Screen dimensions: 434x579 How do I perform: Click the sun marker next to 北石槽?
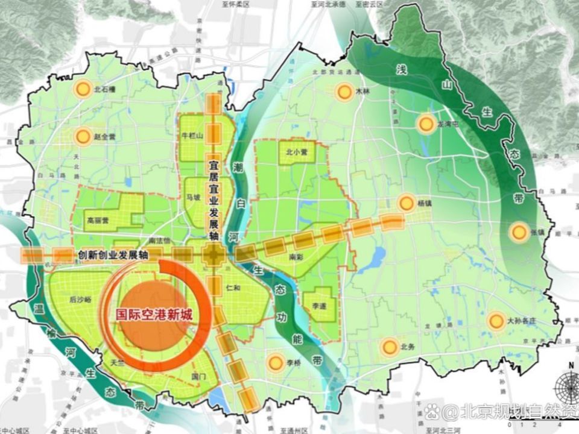point(83,89)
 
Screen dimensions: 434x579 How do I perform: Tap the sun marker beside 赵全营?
point(83,137)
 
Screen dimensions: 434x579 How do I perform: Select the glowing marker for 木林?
point(344,92)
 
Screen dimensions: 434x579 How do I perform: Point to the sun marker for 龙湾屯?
point(426,124)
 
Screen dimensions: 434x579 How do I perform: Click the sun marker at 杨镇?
point(407,203)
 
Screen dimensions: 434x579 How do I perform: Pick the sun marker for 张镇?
point(518,232)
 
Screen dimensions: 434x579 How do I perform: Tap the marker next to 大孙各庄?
point(496,321)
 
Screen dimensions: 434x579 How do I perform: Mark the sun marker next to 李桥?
point(276,362)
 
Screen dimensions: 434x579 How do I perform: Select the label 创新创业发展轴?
point(113,255)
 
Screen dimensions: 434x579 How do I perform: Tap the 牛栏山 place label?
point(194,136)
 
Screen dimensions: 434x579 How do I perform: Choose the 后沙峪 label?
point(80,299)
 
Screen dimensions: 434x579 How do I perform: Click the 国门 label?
point(198,377)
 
